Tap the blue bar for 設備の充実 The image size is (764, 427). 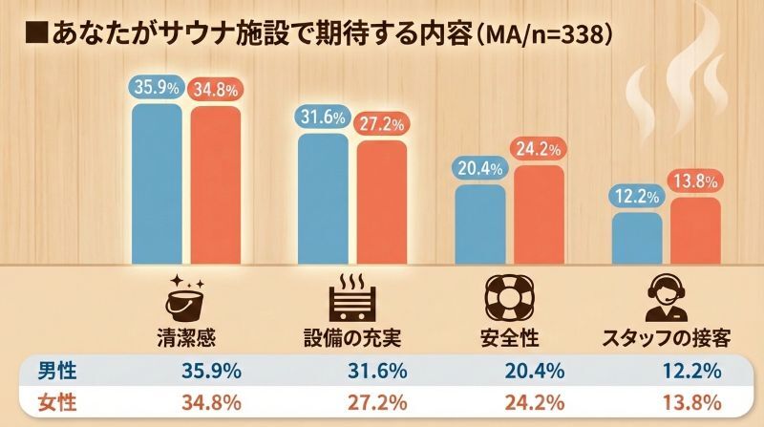coord(323,199)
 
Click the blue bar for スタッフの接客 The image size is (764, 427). coord(636,238)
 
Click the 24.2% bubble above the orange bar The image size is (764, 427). coord(540,150)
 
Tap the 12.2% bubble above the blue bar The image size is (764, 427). coord(636,197)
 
